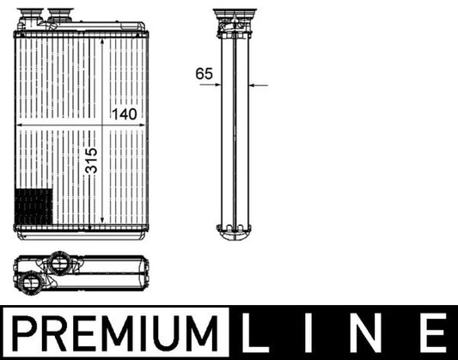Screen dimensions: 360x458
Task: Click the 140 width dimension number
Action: click(x=123, y=113)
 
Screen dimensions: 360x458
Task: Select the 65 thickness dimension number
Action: click(x=204, y=74)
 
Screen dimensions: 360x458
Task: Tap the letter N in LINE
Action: click(x=369, y=332)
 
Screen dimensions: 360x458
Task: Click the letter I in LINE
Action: click(x=315, y=332)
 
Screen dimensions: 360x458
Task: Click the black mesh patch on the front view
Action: click(x=34, y=206)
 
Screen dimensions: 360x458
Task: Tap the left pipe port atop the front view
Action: click(x=35, y=15)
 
